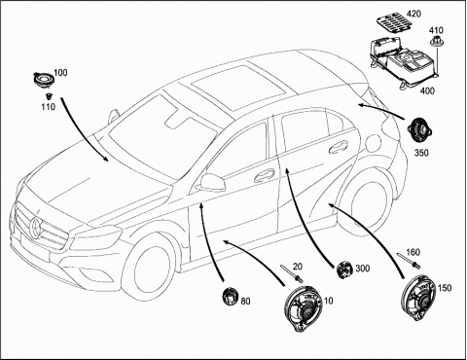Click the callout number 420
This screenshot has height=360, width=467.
413,14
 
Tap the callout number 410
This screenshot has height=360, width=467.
436,30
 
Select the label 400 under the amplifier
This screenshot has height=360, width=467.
427,90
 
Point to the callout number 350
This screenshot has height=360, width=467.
421,153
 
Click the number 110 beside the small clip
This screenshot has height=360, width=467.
48,106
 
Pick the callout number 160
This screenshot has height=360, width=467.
413,252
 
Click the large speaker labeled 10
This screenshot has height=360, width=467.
304,309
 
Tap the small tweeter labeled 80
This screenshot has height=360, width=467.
230,296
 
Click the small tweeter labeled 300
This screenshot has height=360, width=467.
345,270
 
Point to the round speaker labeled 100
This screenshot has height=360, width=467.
43,80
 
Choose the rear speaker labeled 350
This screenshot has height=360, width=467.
419,129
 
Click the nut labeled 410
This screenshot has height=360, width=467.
435,42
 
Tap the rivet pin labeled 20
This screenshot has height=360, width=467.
292,273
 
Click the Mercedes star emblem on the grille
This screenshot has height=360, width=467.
35,227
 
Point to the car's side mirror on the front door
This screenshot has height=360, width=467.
212,182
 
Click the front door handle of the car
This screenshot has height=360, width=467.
265,175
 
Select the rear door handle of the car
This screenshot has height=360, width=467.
338,147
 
